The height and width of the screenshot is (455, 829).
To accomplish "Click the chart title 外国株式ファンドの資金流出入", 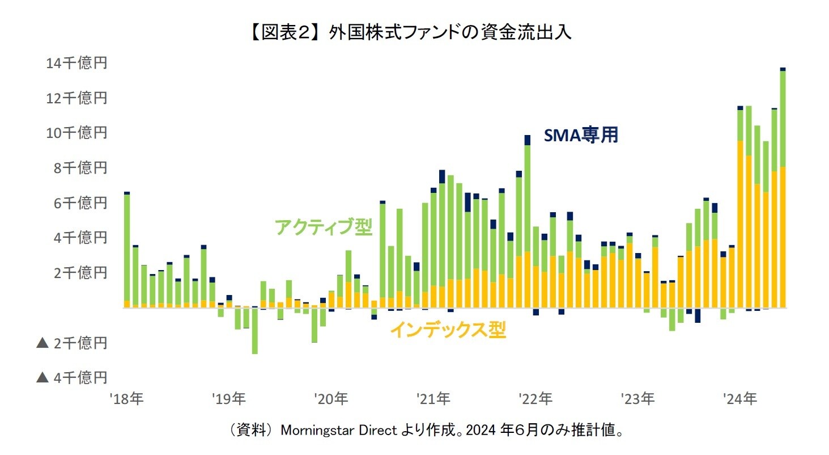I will pos(450,32).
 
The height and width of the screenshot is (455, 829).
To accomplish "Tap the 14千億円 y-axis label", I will pos(76,63).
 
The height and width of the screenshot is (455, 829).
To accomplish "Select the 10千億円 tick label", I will pos(76,133).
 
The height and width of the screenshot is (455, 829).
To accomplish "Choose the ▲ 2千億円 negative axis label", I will pos(71,343).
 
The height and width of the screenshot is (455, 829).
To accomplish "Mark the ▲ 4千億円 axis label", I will pos(71,377).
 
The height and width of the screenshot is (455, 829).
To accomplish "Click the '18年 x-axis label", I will pos(127,399).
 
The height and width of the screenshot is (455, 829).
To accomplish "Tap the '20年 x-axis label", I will pos(331,399).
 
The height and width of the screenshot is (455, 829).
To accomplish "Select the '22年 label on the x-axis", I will pos(535,399).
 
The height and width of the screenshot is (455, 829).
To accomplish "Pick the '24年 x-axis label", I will pos(741,399).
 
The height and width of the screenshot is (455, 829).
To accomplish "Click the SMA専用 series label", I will pos(581,136).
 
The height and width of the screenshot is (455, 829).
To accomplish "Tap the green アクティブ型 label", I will pos(324,227).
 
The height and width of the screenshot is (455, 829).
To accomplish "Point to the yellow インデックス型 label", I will pos(448,330).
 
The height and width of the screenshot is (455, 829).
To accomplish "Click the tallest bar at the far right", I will pos(783,187).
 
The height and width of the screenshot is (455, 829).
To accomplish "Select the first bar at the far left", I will pos(127,250).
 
